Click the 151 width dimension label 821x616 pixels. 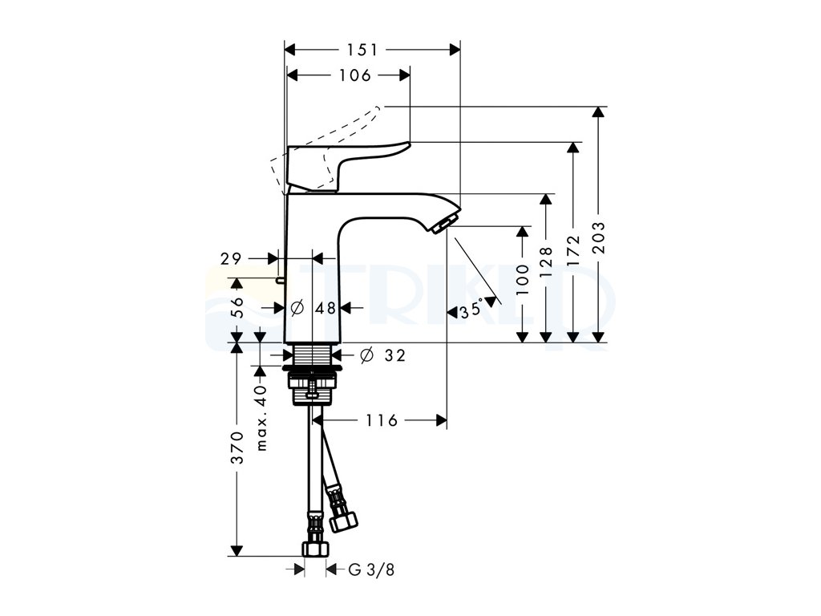(362, 50)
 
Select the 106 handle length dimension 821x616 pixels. (355, 75)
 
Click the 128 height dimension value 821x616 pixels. (547, 261)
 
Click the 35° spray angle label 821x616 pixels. (472, 310)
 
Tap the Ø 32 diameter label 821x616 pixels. (383, 355)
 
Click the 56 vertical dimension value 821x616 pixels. (237, 307)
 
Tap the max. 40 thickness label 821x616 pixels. (260, 417)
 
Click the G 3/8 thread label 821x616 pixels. (372, 570)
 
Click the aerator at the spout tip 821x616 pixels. (445, 224)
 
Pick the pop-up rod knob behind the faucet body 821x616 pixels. (279, 280)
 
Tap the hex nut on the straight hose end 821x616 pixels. (314, 549)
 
